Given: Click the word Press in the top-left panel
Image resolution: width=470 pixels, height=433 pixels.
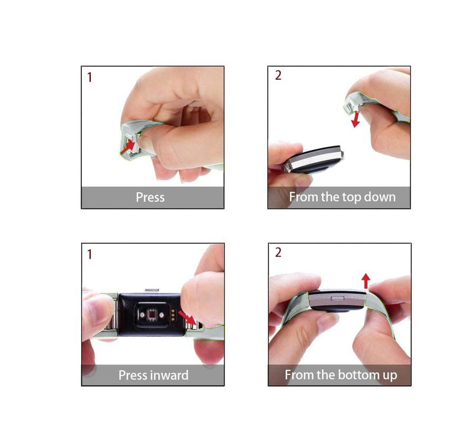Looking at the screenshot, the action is (150, 197).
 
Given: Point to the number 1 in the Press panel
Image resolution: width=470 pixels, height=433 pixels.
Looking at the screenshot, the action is (89, 77).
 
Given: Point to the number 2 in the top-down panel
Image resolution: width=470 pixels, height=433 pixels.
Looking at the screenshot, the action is (278, 76).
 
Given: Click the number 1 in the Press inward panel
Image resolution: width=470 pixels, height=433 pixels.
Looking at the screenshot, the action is (89, 255).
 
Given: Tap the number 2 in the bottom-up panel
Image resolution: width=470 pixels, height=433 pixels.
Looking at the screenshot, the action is (278, 252).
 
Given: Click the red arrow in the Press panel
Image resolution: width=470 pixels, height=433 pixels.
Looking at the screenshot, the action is (128, 147).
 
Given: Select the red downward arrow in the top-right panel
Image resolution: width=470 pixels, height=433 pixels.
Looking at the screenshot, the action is (356, 119).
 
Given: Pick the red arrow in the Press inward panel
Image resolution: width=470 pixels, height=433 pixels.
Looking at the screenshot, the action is (187, 318).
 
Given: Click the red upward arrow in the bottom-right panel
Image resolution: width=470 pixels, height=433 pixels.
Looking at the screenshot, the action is (365, 281).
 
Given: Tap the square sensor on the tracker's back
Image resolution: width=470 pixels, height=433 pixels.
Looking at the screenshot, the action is (152, 315).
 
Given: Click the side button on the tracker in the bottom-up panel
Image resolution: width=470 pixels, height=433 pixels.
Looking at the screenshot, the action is (337, 298).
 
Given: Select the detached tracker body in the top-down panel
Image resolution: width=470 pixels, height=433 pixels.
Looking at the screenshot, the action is (313, 159).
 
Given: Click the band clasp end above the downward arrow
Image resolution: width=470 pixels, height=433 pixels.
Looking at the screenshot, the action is (349, 106).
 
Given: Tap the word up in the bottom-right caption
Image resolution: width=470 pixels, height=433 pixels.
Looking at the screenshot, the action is (390, 376).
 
